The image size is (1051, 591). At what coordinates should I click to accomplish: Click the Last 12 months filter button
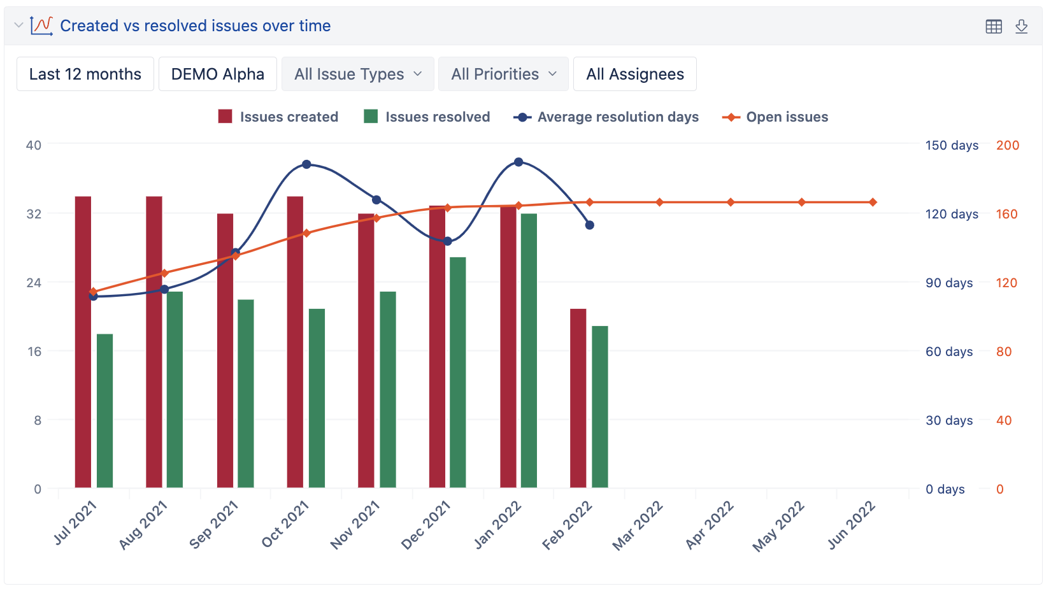(x=85, y=75)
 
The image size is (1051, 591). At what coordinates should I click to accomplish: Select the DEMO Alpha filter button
(x=217, y=75)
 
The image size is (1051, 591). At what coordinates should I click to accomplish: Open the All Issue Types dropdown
(x=358, y=75)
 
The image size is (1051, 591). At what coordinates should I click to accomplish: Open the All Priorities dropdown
(x=504, y=75)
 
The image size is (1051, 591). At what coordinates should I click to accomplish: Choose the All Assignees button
(x=634, y=75)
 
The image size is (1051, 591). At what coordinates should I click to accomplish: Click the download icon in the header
(x=1021, y=26)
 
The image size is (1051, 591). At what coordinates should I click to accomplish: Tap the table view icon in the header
(x=994, y=26)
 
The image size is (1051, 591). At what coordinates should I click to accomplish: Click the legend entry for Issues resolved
(x=427, y=117)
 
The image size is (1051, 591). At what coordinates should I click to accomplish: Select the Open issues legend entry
(x=775, y=117)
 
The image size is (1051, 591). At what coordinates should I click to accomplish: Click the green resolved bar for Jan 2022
(x=529, y=350)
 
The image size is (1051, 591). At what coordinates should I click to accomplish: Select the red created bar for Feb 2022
(x=578, y=398)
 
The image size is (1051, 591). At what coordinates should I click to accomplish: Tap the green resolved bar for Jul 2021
(x=104, y=411)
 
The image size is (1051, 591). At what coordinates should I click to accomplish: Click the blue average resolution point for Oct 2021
(x=306, y=164)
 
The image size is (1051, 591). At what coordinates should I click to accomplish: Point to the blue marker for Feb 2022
(x=590, y=225)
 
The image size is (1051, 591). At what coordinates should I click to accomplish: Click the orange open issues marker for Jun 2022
(x=873, y=203)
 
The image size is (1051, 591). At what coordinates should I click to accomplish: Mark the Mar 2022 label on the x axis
(x=638, y=526)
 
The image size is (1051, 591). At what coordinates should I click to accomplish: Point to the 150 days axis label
(x=952, y=145)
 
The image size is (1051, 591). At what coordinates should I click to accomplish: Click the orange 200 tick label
(x=1007, y=145)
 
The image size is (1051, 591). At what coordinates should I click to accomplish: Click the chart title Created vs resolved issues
(x=195, y=26)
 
